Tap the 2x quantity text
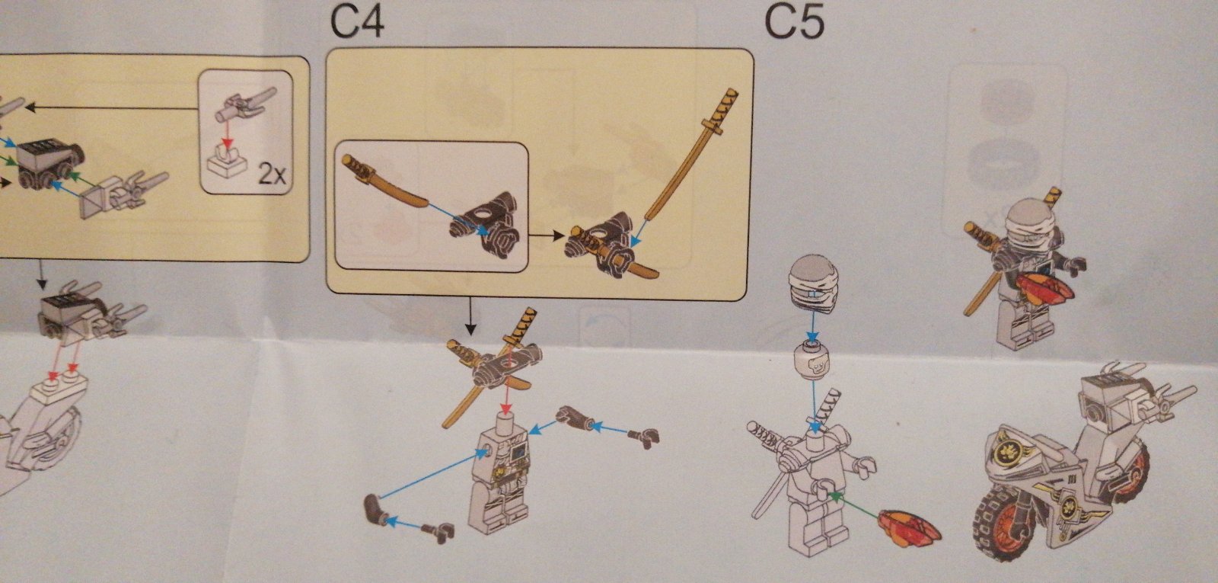(272, 175)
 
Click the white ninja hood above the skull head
(814, 285)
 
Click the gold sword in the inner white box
(386, 182)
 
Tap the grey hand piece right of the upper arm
(644, 437)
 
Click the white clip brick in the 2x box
(228, 162)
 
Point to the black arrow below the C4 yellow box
(471, 316)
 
